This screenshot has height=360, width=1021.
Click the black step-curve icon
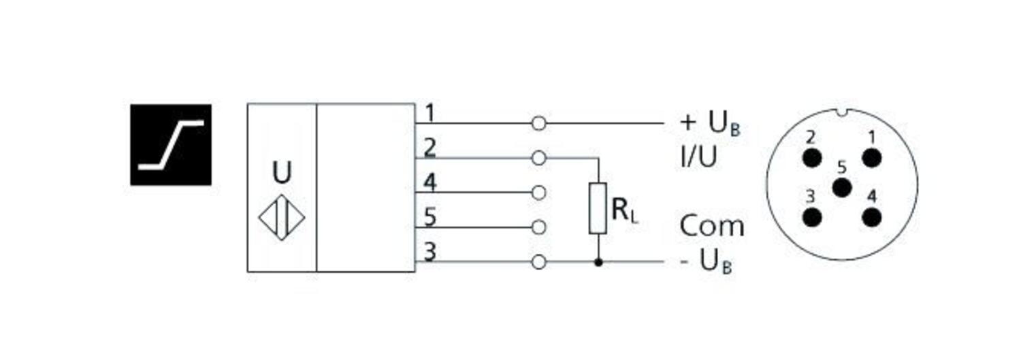click(x=171, y=144)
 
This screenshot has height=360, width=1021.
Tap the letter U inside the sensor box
click(x=282, y=173)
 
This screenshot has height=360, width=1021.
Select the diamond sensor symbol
click(x=282, y=218)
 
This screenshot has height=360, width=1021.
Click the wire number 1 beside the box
click(x=430, y=112)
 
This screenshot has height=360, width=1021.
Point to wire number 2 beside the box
click(x=430, y=148)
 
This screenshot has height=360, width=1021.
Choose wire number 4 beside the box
click(x=430, y=182)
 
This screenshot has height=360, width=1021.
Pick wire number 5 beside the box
click(x=430, y=217)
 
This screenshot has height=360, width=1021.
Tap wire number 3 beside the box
click(x=430, y=252)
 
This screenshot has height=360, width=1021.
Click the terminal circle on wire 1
click(x=538, y=123)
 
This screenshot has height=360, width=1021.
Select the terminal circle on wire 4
click(x=538, y=193)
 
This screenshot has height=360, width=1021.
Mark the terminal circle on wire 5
click(x=538, y=227)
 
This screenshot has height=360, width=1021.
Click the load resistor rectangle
click(x=598, y=208)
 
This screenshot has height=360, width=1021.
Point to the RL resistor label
click(x=625, y=212)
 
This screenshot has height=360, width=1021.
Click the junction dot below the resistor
click(x=598, y=262)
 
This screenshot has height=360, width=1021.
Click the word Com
click(x=711, y=226)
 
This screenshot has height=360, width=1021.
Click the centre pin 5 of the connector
click(x=842, y=187)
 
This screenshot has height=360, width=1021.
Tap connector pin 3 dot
click(x=811, y=218)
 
